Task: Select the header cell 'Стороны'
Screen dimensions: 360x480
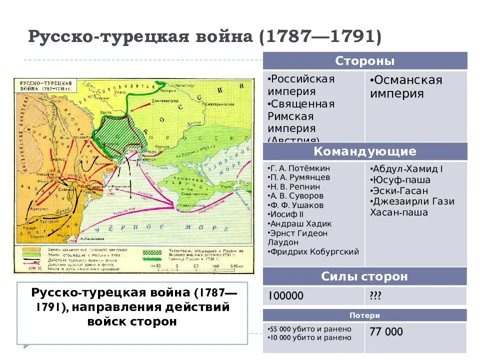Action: (x=365, y=61)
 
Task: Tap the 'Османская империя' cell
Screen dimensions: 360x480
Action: (x=406, y=87)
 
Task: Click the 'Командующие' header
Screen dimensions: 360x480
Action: (x=365, y=151)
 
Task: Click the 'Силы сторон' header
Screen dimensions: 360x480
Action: (x=365, y=276)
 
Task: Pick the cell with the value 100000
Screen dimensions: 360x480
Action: (x=285, y=296)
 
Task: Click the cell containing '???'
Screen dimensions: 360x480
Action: (x=375, y=296)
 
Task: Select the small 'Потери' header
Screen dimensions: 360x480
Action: (x=365, y=315)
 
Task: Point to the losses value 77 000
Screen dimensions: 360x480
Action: (x=386, y=332)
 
